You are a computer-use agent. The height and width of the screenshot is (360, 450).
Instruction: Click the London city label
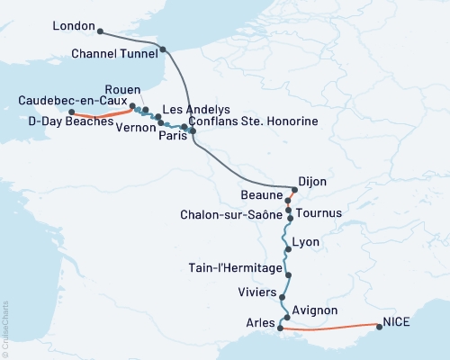[x=75, y=26]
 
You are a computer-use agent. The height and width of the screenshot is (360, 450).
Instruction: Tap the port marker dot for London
[x=99, y=32]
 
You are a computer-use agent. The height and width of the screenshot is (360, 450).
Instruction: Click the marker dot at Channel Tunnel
[x=163, y=49]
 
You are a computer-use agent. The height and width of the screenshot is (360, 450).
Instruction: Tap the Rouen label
[x=121, y=90]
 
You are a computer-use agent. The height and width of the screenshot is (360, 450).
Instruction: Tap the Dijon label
[x=311, y=182]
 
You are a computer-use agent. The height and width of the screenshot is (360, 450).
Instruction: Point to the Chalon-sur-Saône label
[x=230, y=216]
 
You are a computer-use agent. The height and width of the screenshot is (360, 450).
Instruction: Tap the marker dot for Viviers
[x=283, y=297]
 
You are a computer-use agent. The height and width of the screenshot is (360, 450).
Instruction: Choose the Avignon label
[x=314, y=310]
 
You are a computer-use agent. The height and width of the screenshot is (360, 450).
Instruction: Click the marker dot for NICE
[x=378, y=327]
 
